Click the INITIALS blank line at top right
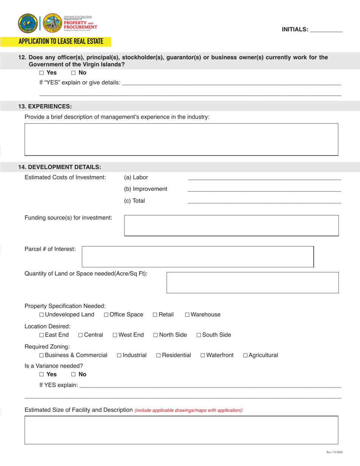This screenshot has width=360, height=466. [x=326, y=30]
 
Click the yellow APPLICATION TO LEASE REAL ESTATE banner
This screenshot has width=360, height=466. [x=61, y=41]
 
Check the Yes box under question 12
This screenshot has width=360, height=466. [x=42, y=73]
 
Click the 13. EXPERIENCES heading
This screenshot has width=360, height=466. [x=45, y=106]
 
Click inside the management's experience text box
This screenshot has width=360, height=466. [x=181, y=139]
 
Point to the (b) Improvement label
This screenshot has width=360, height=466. [x=146, y=189]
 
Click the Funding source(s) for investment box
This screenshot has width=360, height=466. [x=231, y=225]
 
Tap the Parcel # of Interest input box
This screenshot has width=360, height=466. [x=198, y=256]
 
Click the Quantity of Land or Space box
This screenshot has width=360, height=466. [x=252, y=282]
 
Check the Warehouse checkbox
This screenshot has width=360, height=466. [x=187, y=315]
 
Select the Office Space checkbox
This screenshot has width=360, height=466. [x=106, y=315]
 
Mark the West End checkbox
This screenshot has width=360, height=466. [x=115, y=335]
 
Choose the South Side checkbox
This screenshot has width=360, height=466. [x=199, y=335]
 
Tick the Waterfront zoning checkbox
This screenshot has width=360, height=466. [x=203, y=356]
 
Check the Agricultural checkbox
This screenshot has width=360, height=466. [x=246, y=356]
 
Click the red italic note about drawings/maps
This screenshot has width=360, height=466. [x=188, y=410]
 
